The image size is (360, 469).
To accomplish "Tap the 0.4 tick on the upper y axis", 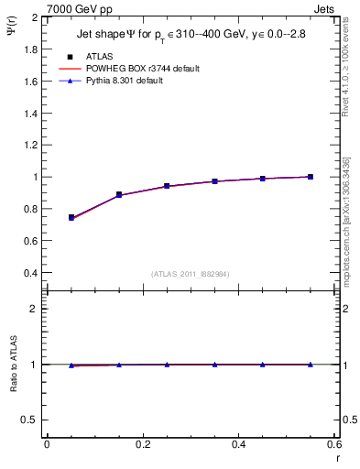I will click(32, 273).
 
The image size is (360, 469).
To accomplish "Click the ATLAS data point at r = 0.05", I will click(71, 218).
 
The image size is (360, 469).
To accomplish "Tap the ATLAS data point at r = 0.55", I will click(311, 177).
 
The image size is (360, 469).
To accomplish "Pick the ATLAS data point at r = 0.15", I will click(119, 195).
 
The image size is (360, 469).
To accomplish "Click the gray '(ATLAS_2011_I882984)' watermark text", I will click(190, 274).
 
